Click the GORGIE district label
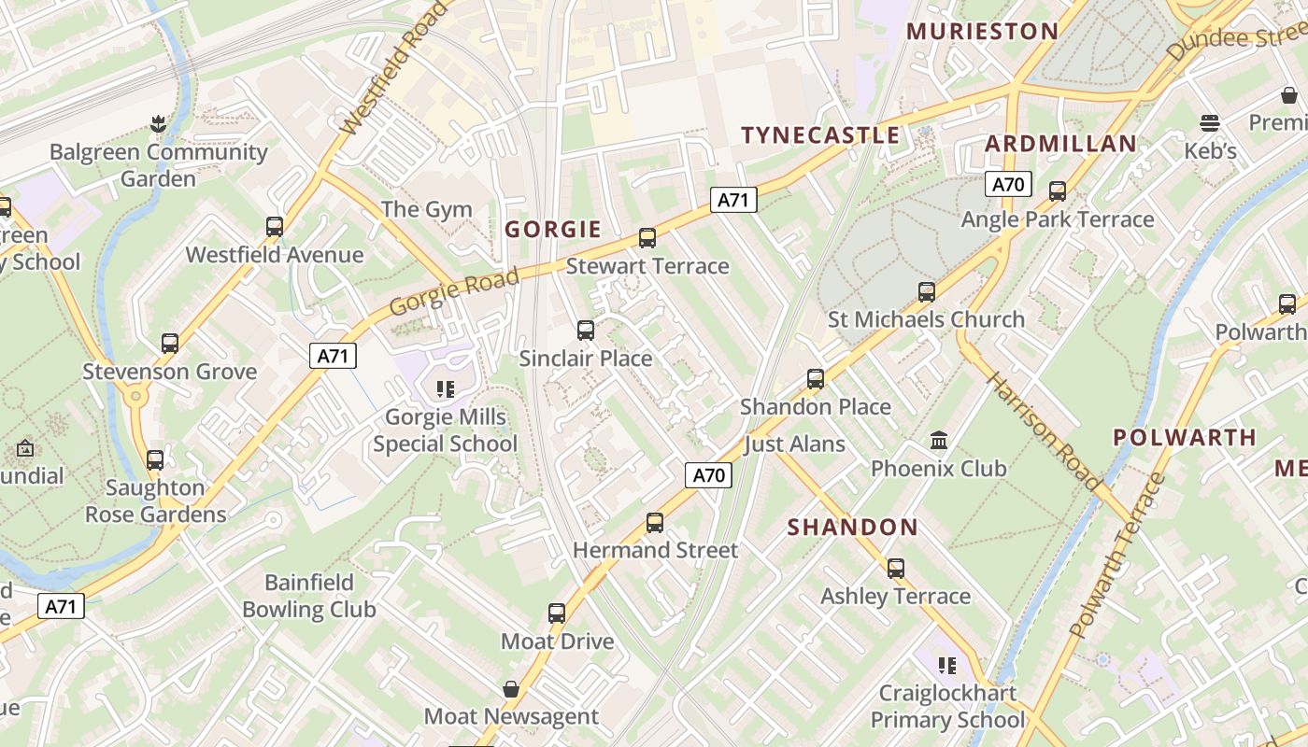(553, 229)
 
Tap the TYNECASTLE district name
(820, 135)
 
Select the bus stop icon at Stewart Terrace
(647, 238)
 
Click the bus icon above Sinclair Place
(586, 330)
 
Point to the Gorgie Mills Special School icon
(446, 388)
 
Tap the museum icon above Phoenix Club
(939, 440)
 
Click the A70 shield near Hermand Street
(708, 475)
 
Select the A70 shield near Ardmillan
(1007, 184)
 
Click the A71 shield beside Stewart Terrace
(733, 199)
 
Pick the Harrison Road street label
(1043, 430)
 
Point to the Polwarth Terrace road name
(1117, 556)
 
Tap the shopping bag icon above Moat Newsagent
(511, 689)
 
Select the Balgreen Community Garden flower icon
(158, 123)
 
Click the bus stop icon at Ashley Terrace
(896, 568)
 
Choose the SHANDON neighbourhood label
(852, 528)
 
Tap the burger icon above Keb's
(1210, 123)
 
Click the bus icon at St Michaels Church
(926, 292)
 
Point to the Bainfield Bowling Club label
(308, 596)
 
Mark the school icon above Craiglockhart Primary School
(948, 666)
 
